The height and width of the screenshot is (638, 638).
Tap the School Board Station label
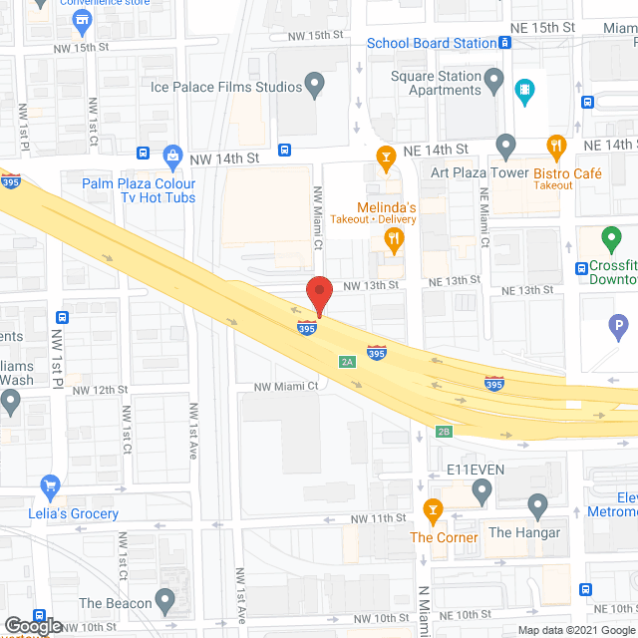coord(431,43)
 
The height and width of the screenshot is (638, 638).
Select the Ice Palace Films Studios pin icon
coord(316,87)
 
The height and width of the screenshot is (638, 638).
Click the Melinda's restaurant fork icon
coord(394,239)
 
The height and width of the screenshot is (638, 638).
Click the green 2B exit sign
coord(445,431)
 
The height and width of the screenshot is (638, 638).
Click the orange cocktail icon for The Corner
coord(434,511)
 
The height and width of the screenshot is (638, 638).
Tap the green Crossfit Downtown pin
coord(611,240)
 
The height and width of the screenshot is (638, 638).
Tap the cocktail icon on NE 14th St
coord(385,157)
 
